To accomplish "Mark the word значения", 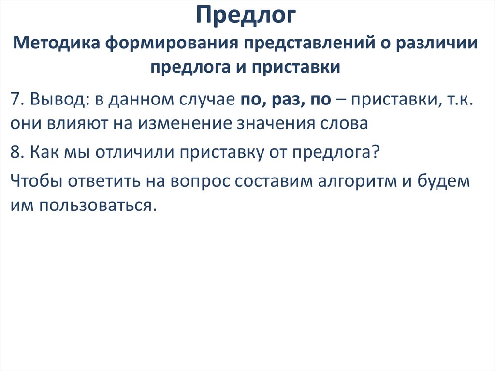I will click(277, 123).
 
